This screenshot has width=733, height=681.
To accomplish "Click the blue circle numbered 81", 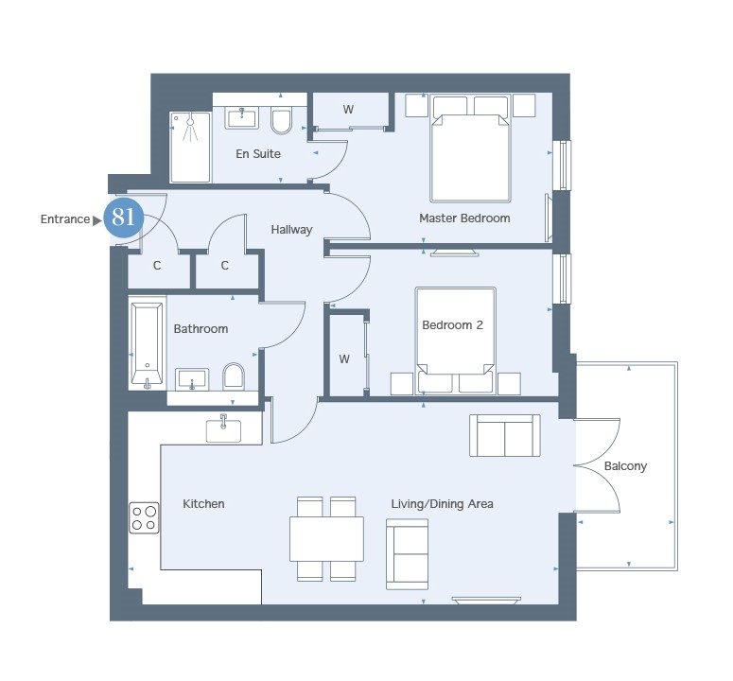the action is click(x=123, y=217).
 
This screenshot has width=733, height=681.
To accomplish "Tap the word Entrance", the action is click(x=65, y=219).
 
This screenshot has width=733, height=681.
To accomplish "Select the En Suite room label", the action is click(x=258, y=154).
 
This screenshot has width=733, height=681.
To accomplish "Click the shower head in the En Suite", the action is click(x=190, y=122).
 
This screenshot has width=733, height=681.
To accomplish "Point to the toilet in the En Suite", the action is click(x=282, y=121).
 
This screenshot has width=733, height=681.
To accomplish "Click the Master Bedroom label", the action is click(x=464, y=218).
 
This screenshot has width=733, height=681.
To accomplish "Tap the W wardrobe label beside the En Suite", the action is click(x=348, y=110).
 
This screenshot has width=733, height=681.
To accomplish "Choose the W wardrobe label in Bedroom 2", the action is click(x=344, y=359).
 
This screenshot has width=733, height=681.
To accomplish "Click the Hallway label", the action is click(x=291, y=230).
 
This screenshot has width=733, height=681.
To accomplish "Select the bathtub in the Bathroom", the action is click(x=147, y=343).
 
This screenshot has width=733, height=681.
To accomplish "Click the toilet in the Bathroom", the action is click(x=234, y=376).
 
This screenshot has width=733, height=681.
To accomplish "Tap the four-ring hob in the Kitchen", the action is click(x=144, y=518).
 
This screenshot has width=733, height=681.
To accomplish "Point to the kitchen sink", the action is click(x=223, y=428).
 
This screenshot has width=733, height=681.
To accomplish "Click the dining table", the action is click(x=326, y=539).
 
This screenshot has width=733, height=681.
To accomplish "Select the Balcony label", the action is click(x=625, y=466).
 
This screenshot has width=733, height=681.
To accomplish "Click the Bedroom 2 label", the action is click(x=452, y=324).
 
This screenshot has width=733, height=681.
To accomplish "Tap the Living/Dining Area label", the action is click(x=443, y=504).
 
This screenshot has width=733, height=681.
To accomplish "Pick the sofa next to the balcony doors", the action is click(x=505, y=435).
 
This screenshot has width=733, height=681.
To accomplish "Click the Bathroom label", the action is click(x=201, y=329).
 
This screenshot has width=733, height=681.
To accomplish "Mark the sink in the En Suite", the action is click(x=242, y=117).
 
